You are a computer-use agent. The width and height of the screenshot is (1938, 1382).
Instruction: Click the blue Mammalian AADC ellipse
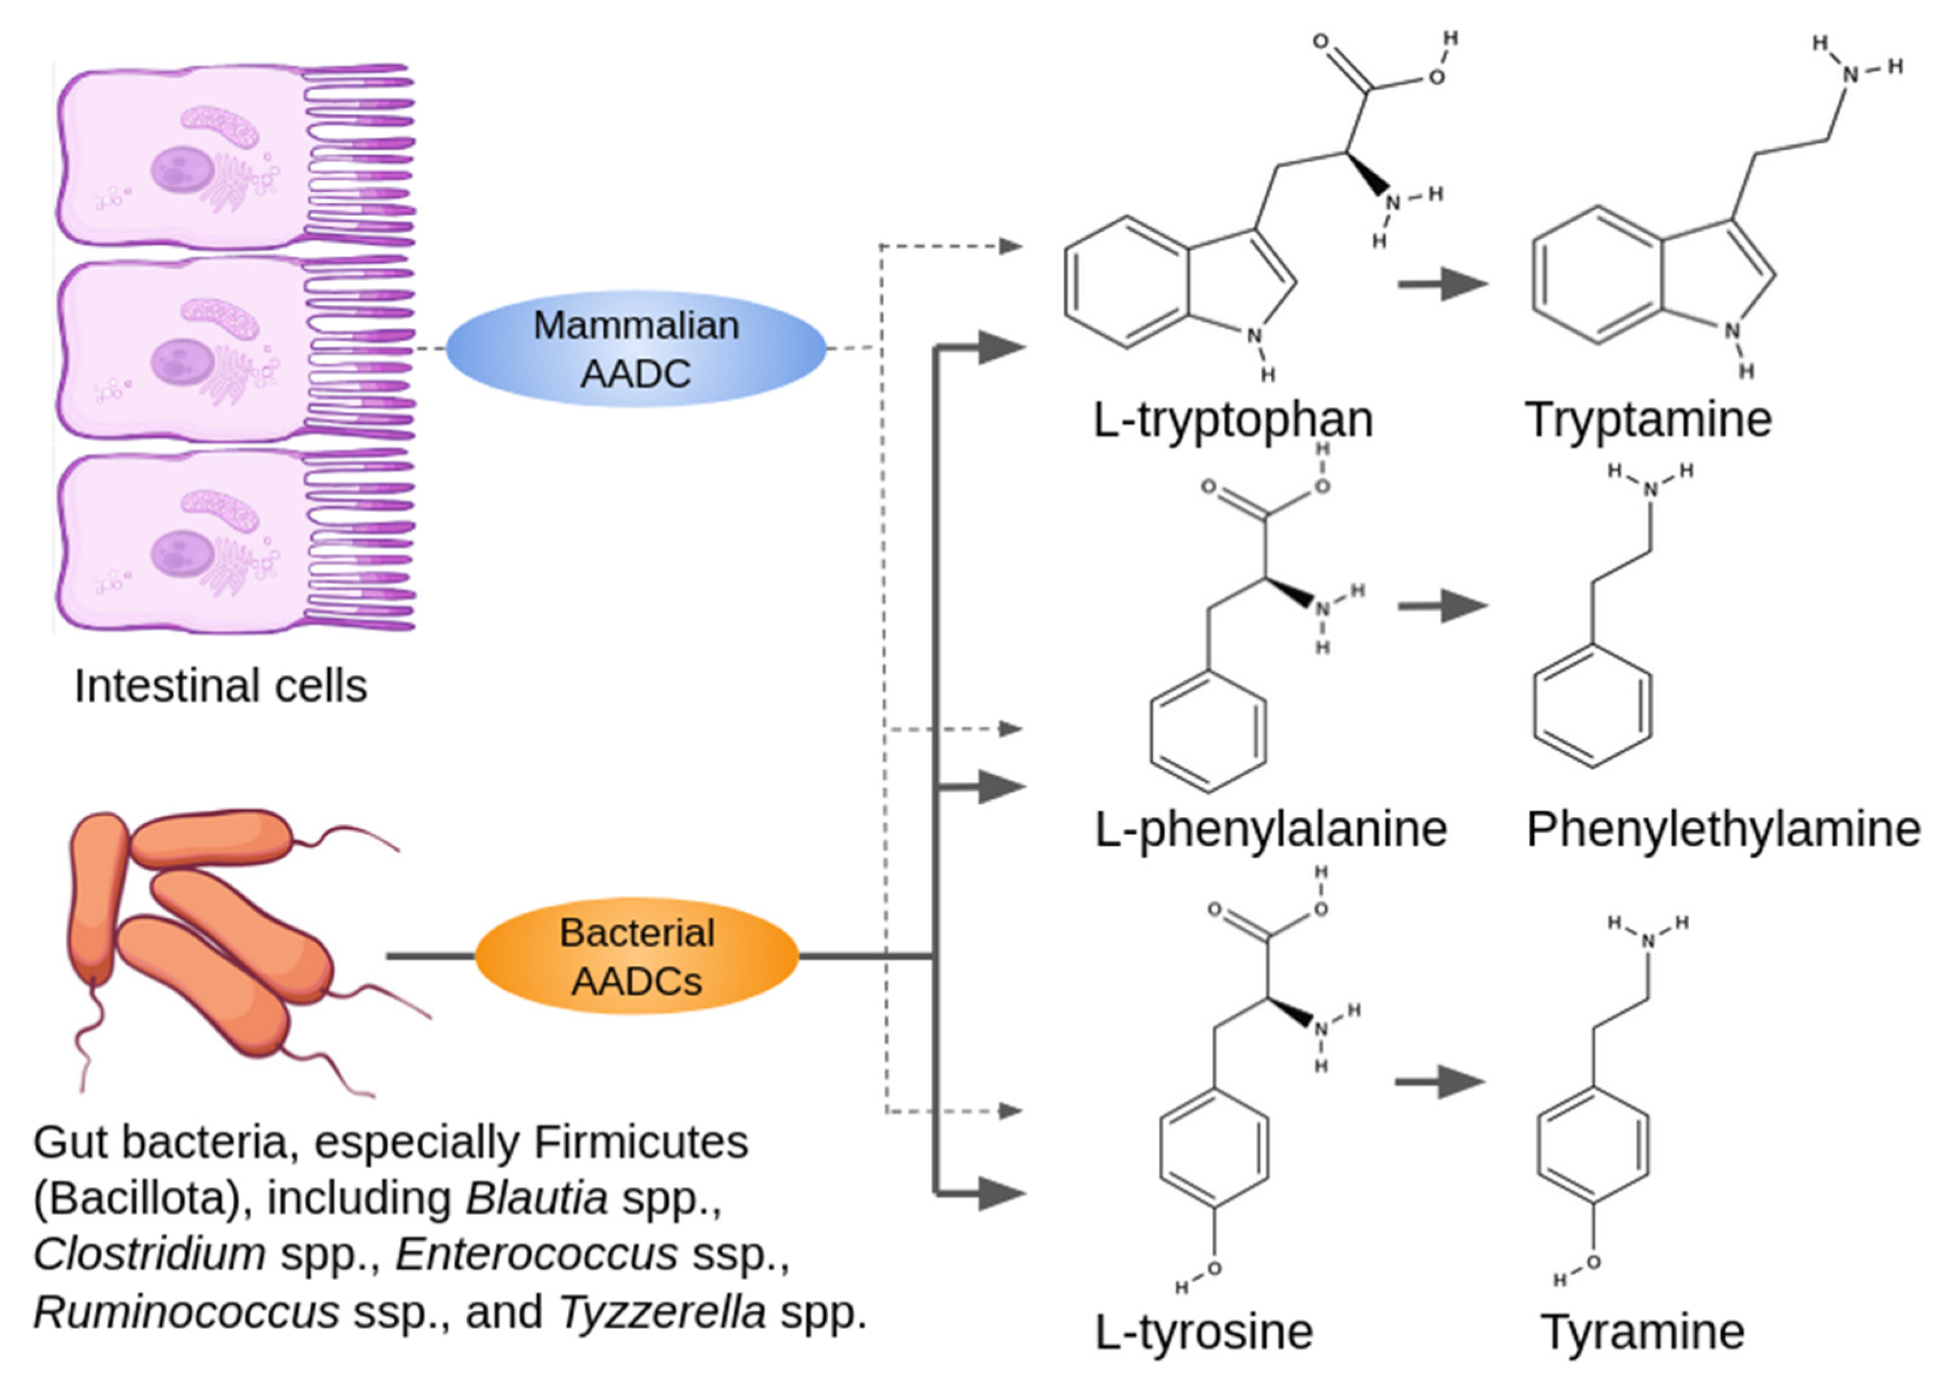(x=636, y=349)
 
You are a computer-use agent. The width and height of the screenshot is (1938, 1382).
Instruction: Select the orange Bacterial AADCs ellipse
(x=637, y=956)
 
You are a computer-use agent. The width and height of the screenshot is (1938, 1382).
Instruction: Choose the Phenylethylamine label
(x=1724, y=829)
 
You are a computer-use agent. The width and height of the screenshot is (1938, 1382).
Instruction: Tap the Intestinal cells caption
(x=220, y=686)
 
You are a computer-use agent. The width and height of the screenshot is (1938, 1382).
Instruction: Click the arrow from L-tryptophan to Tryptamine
(x=1443, y=283)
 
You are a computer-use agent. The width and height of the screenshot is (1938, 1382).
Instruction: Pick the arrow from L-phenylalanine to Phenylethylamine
(x=1443, y=606)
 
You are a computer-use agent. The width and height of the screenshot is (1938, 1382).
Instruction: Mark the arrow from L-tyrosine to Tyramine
(x=1440, y=1082)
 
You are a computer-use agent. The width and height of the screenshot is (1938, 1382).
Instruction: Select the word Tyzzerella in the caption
(x=663, y=1312)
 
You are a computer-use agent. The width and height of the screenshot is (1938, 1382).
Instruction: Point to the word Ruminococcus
(x=186, y=1312)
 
